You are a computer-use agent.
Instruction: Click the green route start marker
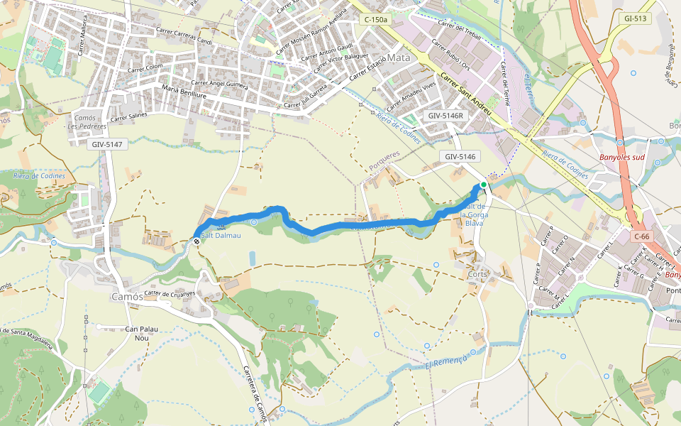(x=484, y=185)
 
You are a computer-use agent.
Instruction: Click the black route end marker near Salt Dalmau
(x=196, y=241)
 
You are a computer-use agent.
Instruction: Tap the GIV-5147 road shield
(x=107, y=144)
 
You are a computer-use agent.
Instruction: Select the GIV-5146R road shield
(x=445, y=115)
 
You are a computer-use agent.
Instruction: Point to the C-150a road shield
(x=375, y=20)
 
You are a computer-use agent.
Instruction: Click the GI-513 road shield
(x=636, y=18)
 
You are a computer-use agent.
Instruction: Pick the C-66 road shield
(x=642, y=236)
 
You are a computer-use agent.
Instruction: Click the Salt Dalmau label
(x=221, y=235)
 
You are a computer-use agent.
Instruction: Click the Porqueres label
(x=384, y=160)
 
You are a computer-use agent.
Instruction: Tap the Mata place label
(x=399, y=58)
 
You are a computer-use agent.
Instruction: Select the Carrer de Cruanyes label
(x=170, y=293)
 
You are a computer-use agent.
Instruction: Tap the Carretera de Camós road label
(x=253, y=394)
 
